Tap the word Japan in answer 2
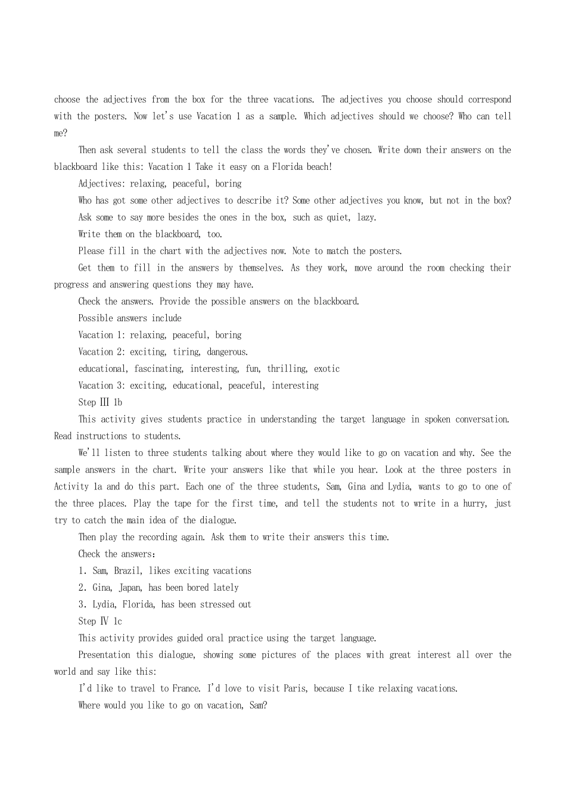tap(130, 588)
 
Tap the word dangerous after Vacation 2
tap(227, 352)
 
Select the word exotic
tap(327, 369)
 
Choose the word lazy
tap(366, 218)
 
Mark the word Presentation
tap(104, 655)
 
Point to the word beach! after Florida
tap(319, 167)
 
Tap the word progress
tap(71, 285)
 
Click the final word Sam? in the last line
tap(258, 706)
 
